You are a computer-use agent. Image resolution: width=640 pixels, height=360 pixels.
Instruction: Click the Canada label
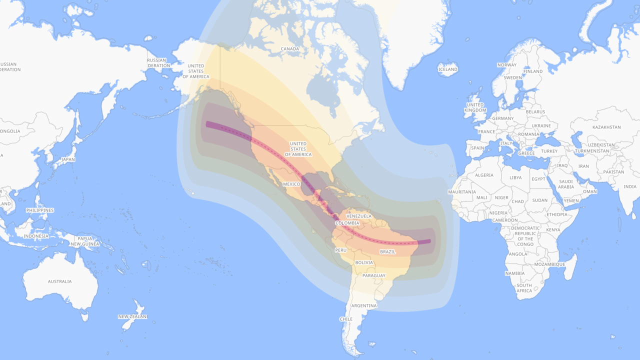point(290,49)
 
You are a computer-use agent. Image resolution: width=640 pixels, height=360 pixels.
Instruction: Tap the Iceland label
point(447,69)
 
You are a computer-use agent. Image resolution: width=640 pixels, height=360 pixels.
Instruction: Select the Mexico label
point(291,184)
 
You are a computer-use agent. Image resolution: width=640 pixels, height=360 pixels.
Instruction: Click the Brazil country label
point(387,252)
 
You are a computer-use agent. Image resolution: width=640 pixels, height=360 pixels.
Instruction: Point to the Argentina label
point(363,306)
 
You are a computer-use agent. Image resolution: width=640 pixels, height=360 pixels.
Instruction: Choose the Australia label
point(59,281)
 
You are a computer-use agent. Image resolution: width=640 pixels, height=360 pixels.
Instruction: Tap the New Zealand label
point(132,316)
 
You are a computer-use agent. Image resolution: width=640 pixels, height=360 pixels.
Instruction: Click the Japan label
point(68,159)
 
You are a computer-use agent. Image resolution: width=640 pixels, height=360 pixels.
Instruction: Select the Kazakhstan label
point(606,127)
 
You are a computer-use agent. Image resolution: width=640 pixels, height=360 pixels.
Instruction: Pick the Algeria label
point(484,175)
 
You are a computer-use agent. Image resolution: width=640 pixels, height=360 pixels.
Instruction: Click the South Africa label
point(524,288)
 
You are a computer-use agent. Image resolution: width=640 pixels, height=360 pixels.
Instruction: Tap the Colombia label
point(347,223)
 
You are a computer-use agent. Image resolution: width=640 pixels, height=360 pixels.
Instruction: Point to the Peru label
point(341,250)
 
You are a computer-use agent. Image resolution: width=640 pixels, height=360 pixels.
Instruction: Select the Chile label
point(346,319)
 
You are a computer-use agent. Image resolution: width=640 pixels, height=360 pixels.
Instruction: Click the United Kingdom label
point(475,107)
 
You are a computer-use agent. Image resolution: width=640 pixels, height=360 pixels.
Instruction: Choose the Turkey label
point(549,151)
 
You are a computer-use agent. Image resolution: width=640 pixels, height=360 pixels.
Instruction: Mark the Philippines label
point(40,210)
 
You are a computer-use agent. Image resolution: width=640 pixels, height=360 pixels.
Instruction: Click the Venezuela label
point(359,216)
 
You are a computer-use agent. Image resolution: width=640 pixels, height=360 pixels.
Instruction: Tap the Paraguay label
point(374,276)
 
